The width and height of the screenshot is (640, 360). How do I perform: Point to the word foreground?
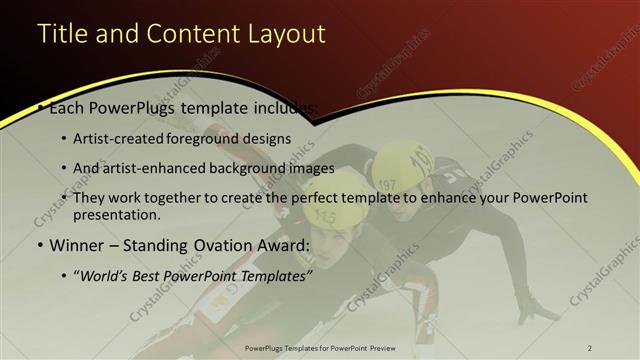coord(214,138)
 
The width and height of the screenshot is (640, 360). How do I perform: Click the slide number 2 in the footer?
coord(589,348)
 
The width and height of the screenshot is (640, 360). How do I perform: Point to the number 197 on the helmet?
coord(388,185)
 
